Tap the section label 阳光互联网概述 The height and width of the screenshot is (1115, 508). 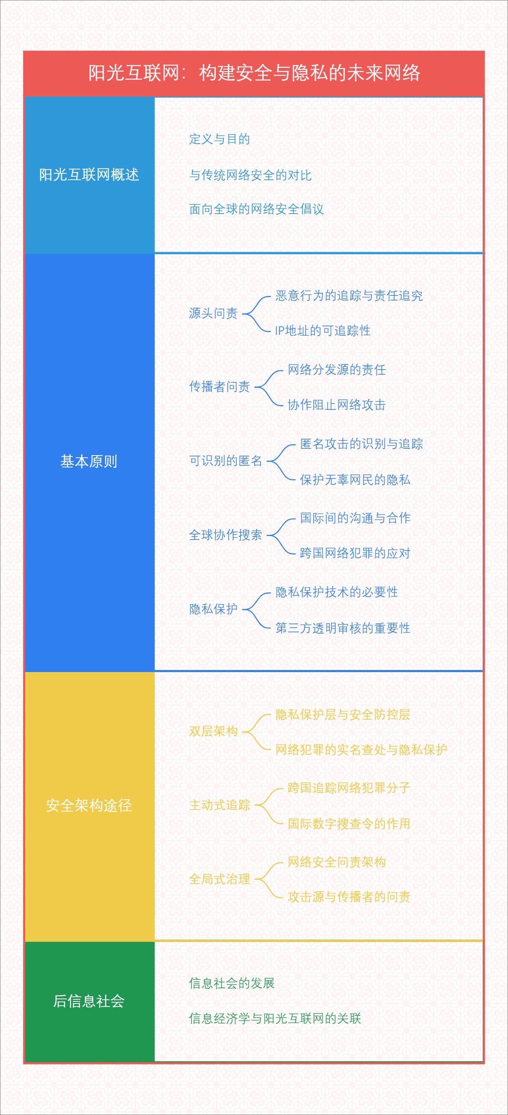89,175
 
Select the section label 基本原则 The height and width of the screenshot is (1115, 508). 89,462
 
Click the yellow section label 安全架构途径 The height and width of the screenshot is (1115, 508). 89,805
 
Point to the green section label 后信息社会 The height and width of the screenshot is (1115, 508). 89,1001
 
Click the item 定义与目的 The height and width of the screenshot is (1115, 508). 220,139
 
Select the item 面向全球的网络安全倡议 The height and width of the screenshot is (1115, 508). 257,209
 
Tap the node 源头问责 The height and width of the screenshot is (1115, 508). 214,313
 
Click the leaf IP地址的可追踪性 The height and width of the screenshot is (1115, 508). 323,331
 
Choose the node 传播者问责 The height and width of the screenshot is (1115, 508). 220,386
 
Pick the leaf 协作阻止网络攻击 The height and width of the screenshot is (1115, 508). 337,405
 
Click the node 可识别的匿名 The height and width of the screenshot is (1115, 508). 226,461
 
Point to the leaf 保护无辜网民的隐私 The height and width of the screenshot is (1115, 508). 355,480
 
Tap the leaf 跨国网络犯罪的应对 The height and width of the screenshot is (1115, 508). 355,553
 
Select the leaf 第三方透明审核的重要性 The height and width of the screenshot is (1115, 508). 343,628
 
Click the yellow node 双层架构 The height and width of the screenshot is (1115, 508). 214,731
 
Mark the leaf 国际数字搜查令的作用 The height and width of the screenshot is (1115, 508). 349,823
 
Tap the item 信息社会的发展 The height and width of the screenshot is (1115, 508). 232,983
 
